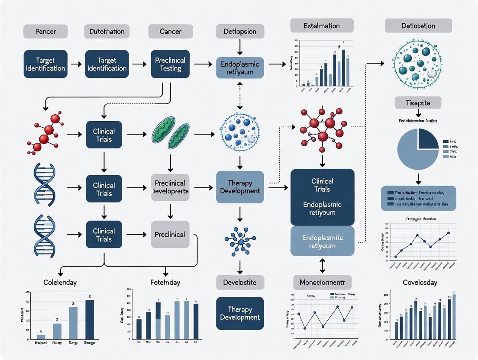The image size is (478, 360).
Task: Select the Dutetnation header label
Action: (107, 32)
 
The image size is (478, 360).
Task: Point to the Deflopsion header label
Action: (237, 32)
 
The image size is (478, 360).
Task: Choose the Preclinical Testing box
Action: (171, 64)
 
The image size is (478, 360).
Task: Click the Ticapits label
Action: (418, 103)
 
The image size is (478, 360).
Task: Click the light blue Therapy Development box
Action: (240, 187)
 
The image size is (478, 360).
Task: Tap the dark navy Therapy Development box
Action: (240, 313)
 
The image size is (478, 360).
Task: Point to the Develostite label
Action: (239, 283)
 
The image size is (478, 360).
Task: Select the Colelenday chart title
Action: (60, 283)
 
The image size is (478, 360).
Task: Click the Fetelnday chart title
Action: (165, 283)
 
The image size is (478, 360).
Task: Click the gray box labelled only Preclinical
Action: (170, 235)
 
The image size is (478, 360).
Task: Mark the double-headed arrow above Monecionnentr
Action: (322, 265)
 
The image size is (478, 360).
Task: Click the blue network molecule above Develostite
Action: (240, 239)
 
